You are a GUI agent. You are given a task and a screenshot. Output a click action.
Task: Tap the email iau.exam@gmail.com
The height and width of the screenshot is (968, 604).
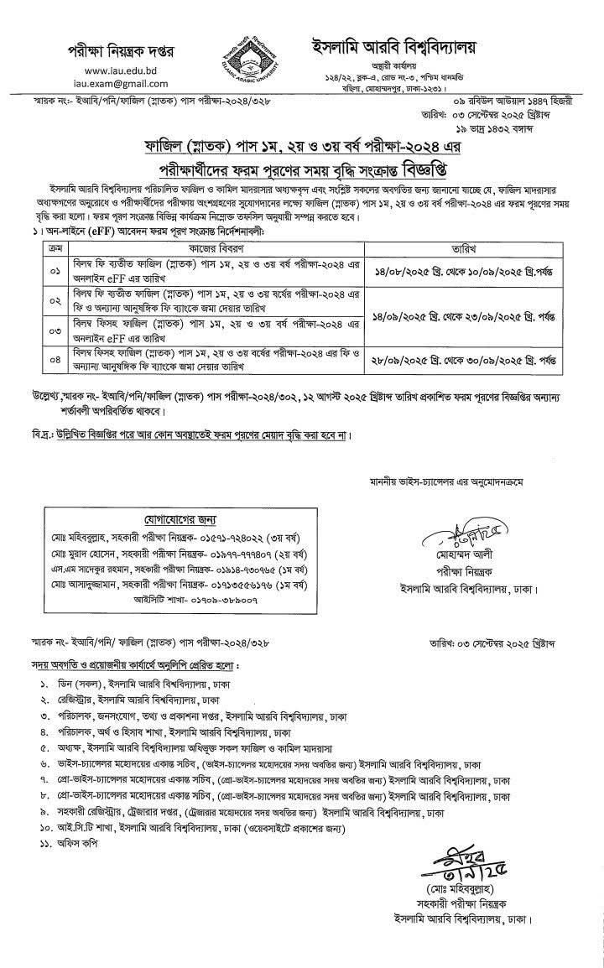tap(121, 84)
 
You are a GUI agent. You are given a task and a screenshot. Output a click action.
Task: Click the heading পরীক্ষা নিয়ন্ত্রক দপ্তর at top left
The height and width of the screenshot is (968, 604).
tap(121, 50)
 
